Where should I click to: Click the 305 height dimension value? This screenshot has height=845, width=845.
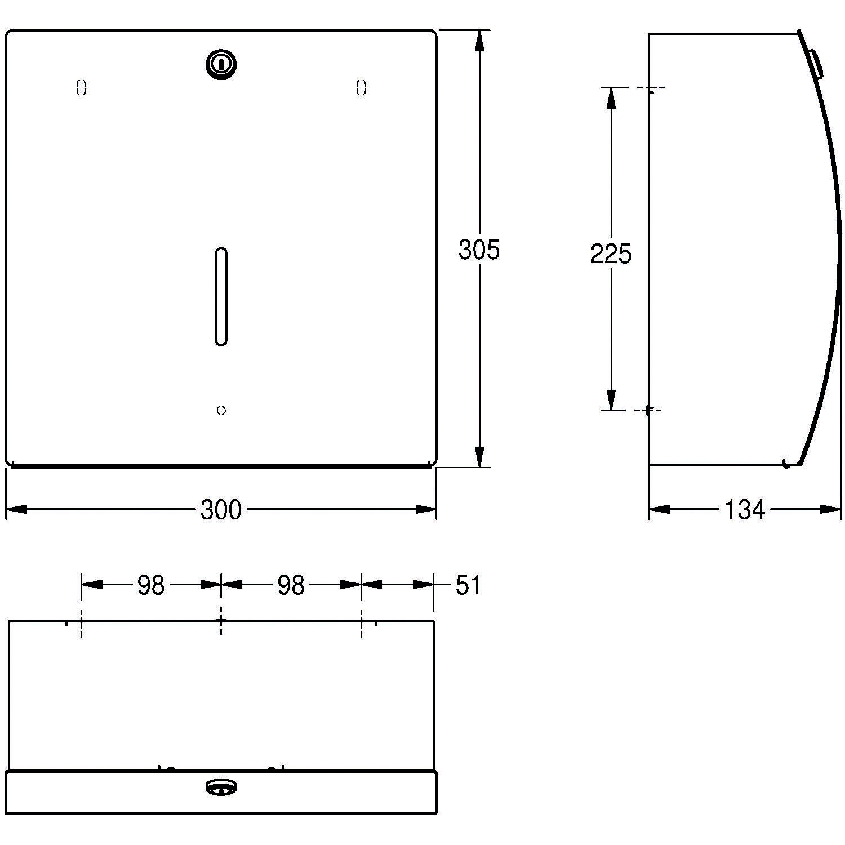[x=479, y=250]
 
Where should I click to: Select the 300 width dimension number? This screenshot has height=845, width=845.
[x=221, y=510]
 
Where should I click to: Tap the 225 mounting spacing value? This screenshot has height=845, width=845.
[x=611, y=254]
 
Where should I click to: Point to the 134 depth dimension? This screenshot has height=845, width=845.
[x=744, y=510]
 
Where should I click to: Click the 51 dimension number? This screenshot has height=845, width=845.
[x=468, y=585]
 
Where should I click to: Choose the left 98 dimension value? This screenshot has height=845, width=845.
[x=151, y=586]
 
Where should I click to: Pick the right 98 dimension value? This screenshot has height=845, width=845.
[x=291, y=586]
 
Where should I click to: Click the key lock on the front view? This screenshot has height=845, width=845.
[x=221, y=64]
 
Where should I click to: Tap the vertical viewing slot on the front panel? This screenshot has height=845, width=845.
[x=221, y=296]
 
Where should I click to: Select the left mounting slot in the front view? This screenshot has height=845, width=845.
[x=82, y=88]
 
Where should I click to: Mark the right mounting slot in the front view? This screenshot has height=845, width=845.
[x=361, y=88]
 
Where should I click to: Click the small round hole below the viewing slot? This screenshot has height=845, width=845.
[x=221, y=411]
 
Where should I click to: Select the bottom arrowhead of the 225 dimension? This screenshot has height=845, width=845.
[x=611, y=401]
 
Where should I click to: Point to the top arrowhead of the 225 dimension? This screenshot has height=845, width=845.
[x=611, y=97]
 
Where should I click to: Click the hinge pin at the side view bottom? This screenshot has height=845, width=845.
[x=786, y=464]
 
